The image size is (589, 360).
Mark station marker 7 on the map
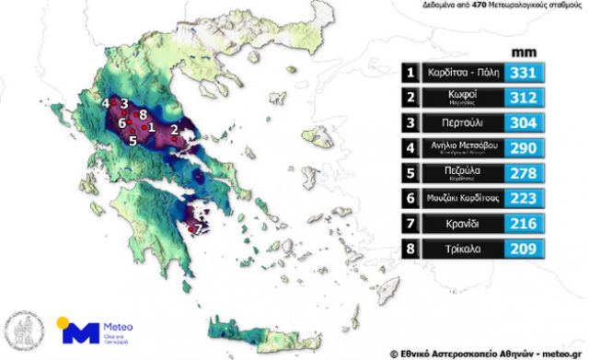(x=198, y=226)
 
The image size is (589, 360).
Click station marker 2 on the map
(x=175, y=129)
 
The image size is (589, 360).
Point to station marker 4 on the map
(x=107, y=102)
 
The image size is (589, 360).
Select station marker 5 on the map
(x=133, y=141)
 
